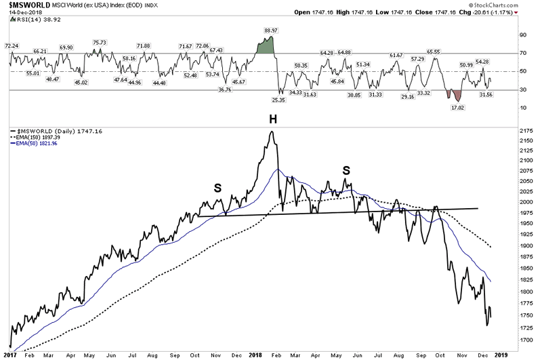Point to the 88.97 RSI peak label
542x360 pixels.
(x=272, y=31)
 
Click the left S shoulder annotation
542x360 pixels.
(x=217, y=187)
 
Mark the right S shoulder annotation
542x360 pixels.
(x=346, y=169)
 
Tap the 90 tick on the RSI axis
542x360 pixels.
(x=523, y=35)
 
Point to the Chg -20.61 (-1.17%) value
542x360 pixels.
(x=503, y=13)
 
